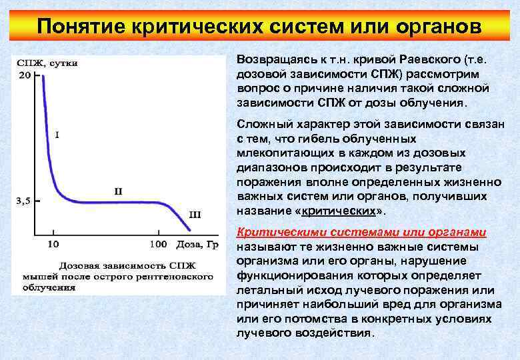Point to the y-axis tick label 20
click(x=23, y=75)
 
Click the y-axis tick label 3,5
click(x=23, y=200)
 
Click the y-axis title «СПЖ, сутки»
click(x=47, y=63)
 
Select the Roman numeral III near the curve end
click(x=195, y=215)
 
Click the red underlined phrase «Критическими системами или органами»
click(x=361, y=232)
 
